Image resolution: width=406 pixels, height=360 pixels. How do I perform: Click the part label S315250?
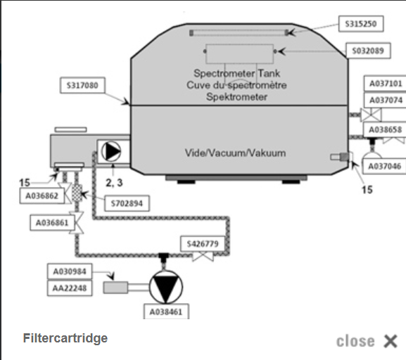(x=361, y=24)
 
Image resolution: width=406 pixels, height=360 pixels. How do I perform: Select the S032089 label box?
(x=368, y=51)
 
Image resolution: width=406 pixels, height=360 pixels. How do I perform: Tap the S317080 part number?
(x=82, y=85)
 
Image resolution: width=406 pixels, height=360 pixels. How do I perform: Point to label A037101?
(x=386, y=84)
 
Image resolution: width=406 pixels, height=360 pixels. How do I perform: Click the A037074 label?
(x=386, y=100)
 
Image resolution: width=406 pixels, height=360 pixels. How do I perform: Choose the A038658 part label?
(x=385, y=129)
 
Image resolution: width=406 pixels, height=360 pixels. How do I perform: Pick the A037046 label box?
(x=384, y=167)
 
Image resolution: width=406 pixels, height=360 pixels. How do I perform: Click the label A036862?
(x=42, y=196)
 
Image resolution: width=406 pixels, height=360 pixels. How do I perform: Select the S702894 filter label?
(x=127, y=203)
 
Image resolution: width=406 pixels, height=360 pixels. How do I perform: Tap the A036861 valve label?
(x=52, y=223)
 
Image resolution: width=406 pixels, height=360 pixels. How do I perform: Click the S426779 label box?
(x=203, y=244)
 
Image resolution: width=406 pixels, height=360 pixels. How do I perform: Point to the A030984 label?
(x=70, y=271)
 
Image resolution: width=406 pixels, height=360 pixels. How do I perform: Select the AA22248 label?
(x=70, y=288)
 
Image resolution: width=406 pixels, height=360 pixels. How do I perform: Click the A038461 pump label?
(x=166, y=312)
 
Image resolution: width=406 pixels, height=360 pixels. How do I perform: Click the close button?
(x=367, y=341)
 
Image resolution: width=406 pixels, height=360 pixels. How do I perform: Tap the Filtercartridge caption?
(x=65, y=338)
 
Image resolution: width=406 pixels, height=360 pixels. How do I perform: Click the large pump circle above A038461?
(x=166, y=287)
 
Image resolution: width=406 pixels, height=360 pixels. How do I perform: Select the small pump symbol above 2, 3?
(x=111, y=152)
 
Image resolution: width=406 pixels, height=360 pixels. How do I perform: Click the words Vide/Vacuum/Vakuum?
(x=235, y=153)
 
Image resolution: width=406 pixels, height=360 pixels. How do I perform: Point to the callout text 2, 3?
(x=114, y=183)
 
